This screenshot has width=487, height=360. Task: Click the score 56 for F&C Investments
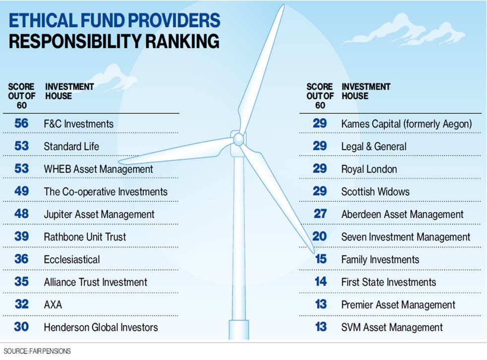click(x=21, y=123)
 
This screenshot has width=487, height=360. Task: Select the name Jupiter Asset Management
click(x=99, y=214)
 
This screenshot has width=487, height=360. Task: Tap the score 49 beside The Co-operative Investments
click(x=21, y=191)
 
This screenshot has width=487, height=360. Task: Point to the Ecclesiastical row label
click(x=72, y=259)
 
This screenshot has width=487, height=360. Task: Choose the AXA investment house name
click(x=53, y=305)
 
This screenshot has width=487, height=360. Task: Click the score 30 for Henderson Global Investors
click(x=21, y=327)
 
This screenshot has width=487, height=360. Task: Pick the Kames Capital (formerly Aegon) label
click(x=407, y=124)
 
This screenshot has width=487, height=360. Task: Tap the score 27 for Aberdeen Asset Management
click(x=319, y=214)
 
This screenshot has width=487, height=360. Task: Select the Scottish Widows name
click(x=375, y=191)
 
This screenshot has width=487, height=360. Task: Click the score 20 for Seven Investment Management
click(x=319, y=237)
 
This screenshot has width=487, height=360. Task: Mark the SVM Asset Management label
click(x=392, y=327)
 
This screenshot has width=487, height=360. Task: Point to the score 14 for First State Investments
click(x=320, y=282)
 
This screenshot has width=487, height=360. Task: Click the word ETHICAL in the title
click(x=43, y=20)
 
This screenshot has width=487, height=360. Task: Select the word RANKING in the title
click(x=183, y=41)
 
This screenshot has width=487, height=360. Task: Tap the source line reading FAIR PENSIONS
click(x=50, y=351)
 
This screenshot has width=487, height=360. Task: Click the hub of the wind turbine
click(x=238, y=139)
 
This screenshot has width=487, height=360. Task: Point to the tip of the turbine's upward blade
click(x=283, y=5)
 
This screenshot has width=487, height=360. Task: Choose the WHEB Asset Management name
click(x=98, y=169)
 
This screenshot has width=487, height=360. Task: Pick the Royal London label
click(x=369, y=169)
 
